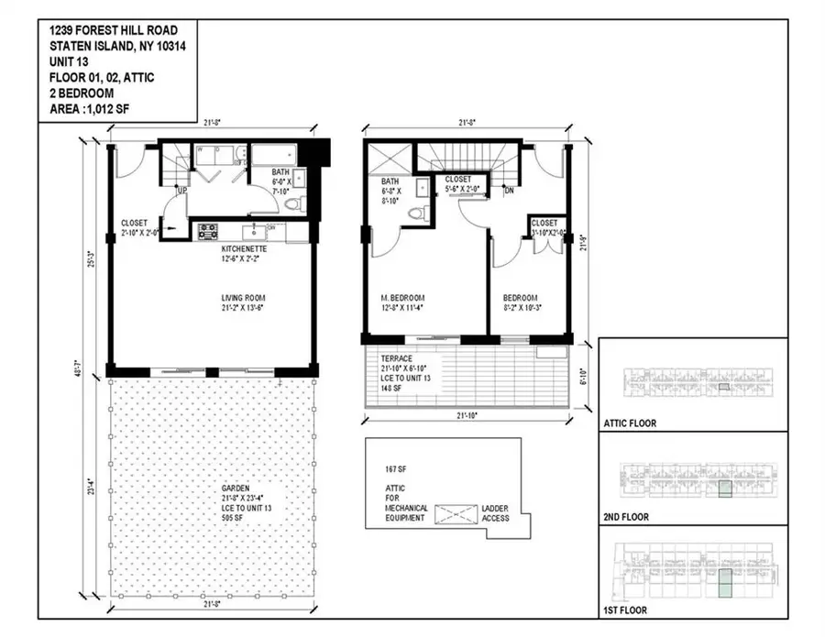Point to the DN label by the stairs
click(x=509, y=192)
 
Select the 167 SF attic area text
click(x=396, y=469)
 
